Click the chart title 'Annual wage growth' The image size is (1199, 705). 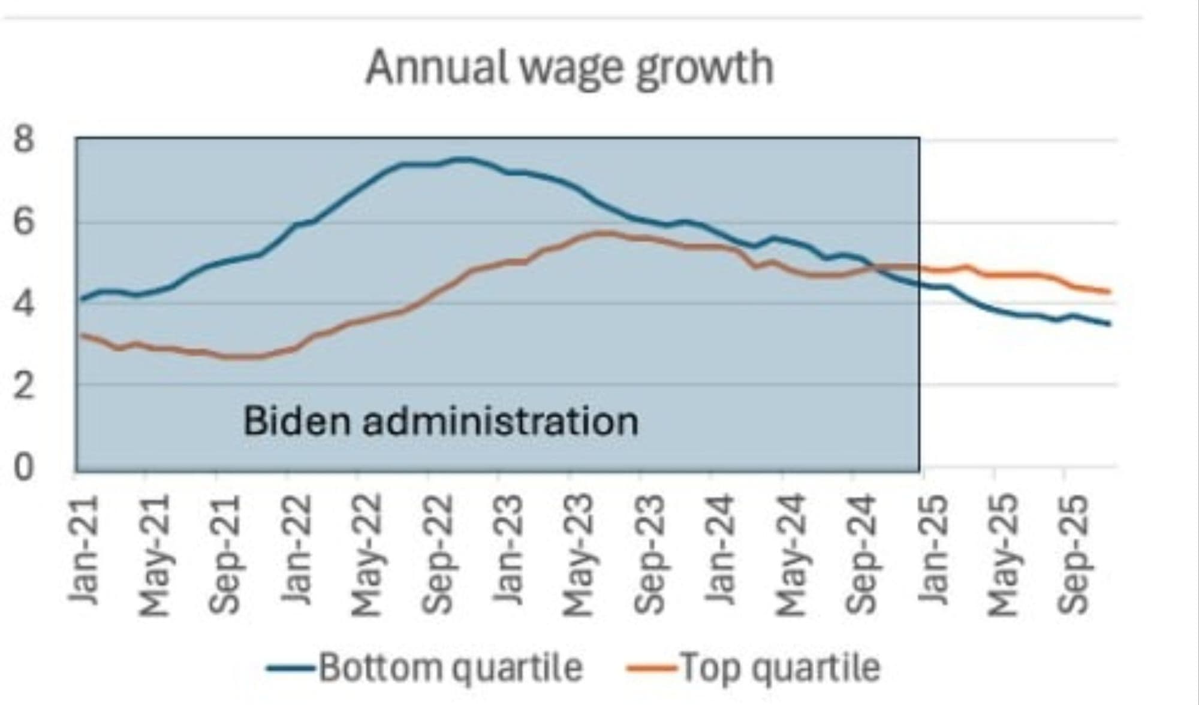point(570,68)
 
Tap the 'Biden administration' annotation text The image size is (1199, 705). point(441,421)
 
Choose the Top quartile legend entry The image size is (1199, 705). point(754,667)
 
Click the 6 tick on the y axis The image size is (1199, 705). point(24,223)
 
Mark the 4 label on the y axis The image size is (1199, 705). point(24,304)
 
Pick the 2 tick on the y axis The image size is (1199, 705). point(24,386)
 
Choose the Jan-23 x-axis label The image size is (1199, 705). point(508,550)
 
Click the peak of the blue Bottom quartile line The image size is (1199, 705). point(462,159)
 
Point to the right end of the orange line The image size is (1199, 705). point(1109,292)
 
